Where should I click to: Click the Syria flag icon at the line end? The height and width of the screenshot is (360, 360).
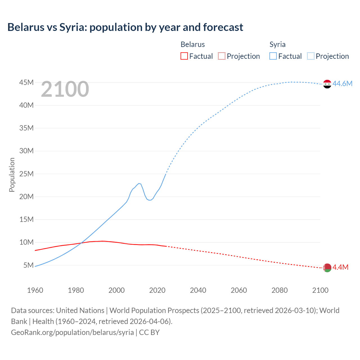point(327,84)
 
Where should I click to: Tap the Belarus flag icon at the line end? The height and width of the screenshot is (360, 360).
point(327,268)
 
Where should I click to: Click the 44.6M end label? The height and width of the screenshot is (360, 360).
point(342,84)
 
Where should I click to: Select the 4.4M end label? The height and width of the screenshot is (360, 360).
point(340,267)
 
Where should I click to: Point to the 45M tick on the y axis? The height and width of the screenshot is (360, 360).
point(26,82)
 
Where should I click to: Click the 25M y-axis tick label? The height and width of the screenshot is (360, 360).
point(26,174)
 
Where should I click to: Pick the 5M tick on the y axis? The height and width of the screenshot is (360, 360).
point(28,265)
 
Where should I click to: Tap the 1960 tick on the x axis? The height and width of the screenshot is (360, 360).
point(35,290)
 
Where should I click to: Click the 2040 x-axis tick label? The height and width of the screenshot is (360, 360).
point(198,290)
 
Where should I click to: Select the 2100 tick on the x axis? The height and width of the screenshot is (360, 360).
point(320,290)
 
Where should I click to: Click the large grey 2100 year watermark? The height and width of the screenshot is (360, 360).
point(65,89)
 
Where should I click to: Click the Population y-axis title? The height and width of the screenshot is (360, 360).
point(12,175)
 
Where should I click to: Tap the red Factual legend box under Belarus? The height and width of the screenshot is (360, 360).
point(184,56)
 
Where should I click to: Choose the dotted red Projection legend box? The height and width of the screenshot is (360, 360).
point(222,56)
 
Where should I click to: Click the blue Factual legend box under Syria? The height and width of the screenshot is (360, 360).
point(273,56)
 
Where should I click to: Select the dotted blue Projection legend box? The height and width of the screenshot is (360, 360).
point(311,56)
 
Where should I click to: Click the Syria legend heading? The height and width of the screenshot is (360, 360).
point(277,44)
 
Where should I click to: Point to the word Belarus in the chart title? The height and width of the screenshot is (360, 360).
point(26,27)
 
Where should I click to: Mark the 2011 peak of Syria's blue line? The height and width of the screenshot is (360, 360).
point(139,183)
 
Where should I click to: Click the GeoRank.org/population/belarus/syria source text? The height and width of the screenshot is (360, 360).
point(72,332)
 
